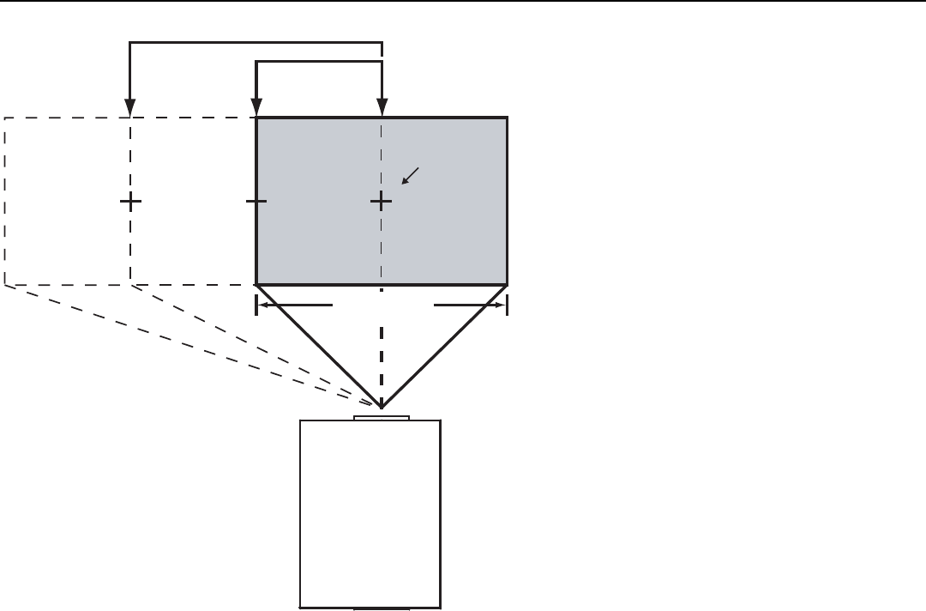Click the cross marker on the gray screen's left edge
coord(256,202)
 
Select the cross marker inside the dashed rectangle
coord(130,202)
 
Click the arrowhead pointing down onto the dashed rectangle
coord(129,109)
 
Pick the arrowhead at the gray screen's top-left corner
coord(256,109)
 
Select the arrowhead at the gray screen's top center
coord(382,109)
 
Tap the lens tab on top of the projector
coord(382,419)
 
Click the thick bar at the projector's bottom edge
coord(382,608)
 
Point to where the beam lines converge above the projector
coord(382,406)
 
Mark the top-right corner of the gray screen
coord(507,118)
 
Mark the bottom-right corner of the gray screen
coord(507,283)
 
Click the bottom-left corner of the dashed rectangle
coord(5,283)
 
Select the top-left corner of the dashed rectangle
coord(5,118)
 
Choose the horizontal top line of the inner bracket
coord(319,61)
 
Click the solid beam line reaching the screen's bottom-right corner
coord(444,345)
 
